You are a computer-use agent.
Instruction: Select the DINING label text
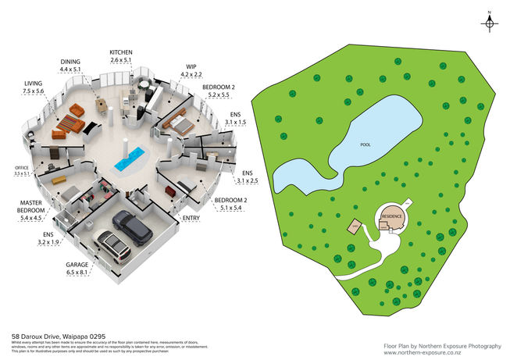[70, 60]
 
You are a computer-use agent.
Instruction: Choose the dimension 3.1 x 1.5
[235, 123]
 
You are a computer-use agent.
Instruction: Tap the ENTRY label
[191, 219]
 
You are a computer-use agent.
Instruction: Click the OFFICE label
[21, 168]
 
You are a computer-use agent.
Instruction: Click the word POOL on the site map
[366, 145]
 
